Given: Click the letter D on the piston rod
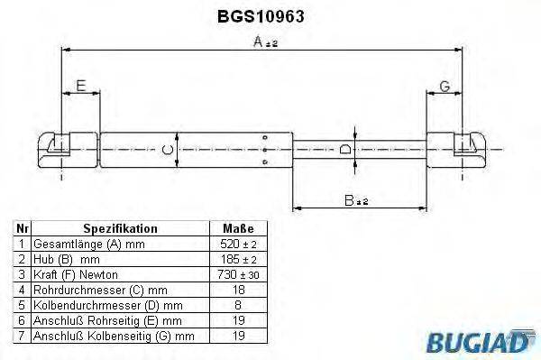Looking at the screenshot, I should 345,149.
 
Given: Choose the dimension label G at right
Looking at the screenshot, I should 444,87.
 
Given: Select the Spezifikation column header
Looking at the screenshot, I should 120,229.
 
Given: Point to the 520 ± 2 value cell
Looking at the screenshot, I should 238,245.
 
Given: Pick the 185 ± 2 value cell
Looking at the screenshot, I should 238,259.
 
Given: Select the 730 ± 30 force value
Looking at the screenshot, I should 238,274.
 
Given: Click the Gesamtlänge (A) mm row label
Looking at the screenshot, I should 87,245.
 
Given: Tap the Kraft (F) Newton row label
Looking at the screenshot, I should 75,274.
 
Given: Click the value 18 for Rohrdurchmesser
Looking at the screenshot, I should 238,290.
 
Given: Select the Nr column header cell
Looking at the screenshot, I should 22,229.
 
